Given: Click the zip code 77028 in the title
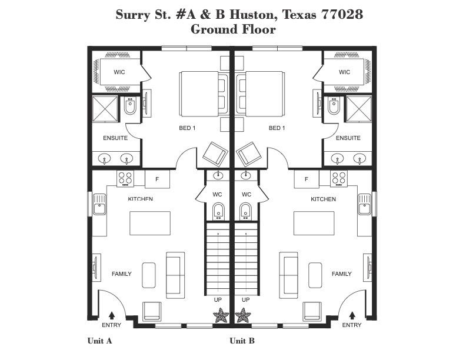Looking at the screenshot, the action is click(x=342, y=14).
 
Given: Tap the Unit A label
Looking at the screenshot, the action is click(x=99, y=341).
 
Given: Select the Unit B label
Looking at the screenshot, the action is click(x=242, y=341).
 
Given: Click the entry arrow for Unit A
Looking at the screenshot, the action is click(x=112, y=315).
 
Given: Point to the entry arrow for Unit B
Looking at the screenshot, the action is click(x=352, y=315).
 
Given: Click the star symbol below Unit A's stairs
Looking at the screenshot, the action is click(x=221, y=315).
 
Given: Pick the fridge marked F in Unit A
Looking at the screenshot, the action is click(x=157, y=179).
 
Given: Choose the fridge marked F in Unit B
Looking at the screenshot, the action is click(x=307, y=179).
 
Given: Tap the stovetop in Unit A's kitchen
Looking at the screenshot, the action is click(x=125, y=179).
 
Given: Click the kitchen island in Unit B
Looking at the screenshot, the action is click(x=314, y=223).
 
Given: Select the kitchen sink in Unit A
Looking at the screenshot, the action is click(x=99, y=204).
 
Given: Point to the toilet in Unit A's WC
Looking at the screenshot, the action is click(x=219, y=211).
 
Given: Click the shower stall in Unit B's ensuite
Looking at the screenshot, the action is click(x=359, y=108).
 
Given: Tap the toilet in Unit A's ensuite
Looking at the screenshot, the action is click(x=130, y=106).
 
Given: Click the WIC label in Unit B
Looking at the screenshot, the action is click(x=344, y=72).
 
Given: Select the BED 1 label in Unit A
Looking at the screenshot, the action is click(x=187, y=128).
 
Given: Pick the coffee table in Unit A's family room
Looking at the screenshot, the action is click(x=149, y=275).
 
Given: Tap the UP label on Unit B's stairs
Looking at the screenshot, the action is click(x=246, y=299).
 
